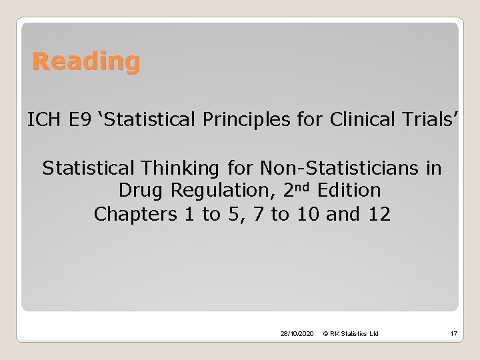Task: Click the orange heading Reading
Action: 87,63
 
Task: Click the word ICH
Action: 43,121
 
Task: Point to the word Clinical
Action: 343,121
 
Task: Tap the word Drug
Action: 141,191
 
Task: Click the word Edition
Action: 349,191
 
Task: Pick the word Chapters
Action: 137,215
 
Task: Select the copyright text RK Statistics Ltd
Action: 351,333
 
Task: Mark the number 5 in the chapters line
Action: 233,215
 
